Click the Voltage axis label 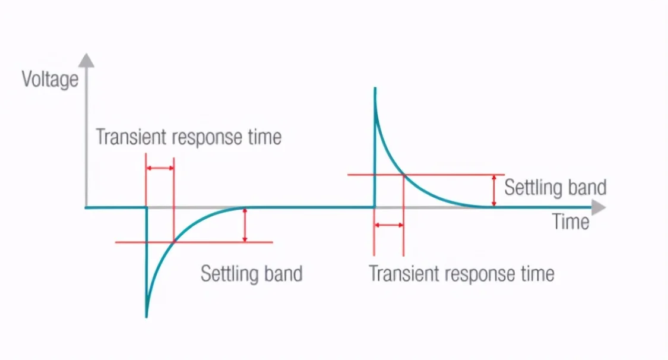[50, 80]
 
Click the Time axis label [571, 222]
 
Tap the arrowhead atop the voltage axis [87, 60]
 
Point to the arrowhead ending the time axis [599, 207]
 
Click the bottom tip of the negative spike [147, 317]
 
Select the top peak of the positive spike [375, 89]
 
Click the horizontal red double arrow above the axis [160, 168]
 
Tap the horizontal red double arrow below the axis [389, 225]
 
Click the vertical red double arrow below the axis [245, 225]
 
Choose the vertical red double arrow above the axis [494, 191]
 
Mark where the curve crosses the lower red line [174, 242]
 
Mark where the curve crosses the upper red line [403, 175]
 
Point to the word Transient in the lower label [404, 274]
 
